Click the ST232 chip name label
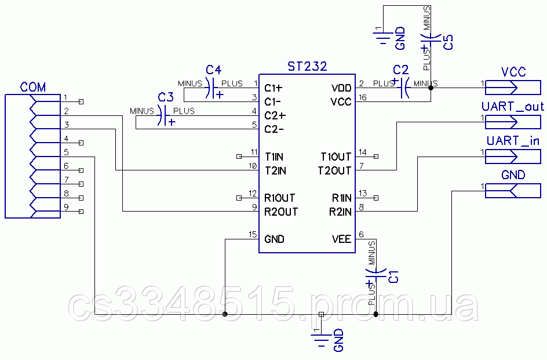click(x=307, y=67)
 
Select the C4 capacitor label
click(x=214, y=70)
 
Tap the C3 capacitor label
click(x=166, y=96)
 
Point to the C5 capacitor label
click(x=448, y=42)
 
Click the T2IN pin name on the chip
click(x=275, y=170)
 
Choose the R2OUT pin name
click(x=281, y=212)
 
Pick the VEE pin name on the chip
click(x=341, y=239)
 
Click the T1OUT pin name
click(x=336, y=157)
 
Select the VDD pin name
click(x=341, y=88)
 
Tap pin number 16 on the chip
click(x=363, y=97)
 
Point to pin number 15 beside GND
click(x=252, y=234)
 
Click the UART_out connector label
click(x=513, y=107)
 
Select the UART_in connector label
click(x=513, y=141)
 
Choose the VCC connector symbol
click(x=512, y=88)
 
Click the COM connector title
click(x=33, y=87)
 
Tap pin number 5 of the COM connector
click(x=67, y=152)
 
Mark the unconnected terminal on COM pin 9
click(x=81, y=212)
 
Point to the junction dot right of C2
click(x=431, y=88)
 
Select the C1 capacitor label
click(x=393, y=276)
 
